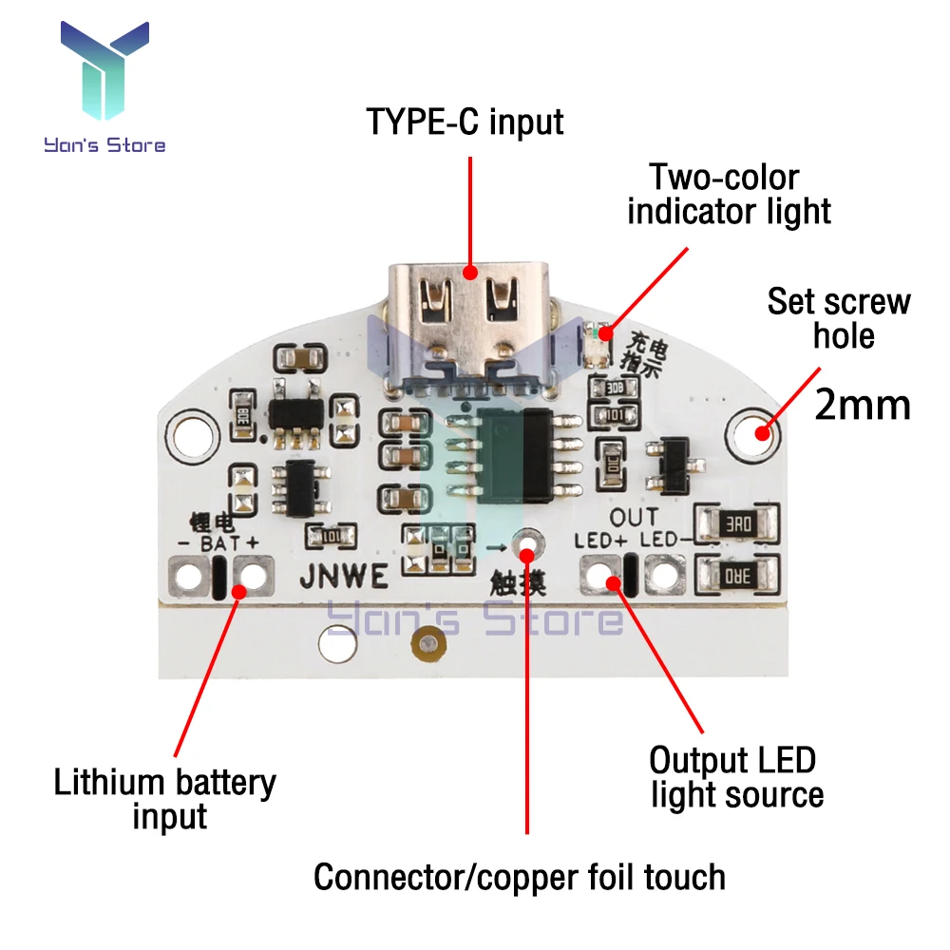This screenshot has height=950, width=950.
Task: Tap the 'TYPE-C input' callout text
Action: [x=465, y=122]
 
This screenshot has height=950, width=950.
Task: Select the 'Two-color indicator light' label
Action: [x=729, y=194]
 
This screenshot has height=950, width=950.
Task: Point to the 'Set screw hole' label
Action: [x=839, y=318]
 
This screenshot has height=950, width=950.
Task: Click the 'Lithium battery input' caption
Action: [x=165, y=799]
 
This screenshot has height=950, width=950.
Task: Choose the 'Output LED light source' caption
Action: [x=732, y=777]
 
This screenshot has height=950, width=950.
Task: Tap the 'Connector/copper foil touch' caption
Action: [x=520, y=876]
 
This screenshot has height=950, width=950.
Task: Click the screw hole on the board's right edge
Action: [x=757, y=433]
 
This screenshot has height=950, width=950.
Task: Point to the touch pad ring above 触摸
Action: [x=526, y=544]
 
